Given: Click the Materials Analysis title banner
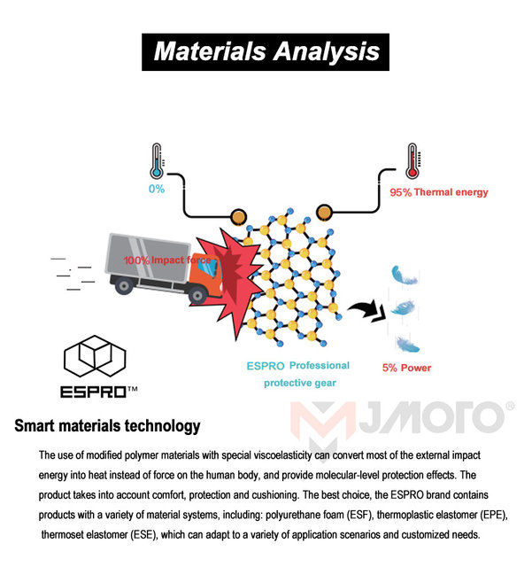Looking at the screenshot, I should tap(266, 50).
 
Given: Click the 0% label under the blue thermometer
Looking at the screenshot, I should tap(156, 189).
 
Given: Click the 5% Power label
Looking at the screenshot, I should tap(408, 368).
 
